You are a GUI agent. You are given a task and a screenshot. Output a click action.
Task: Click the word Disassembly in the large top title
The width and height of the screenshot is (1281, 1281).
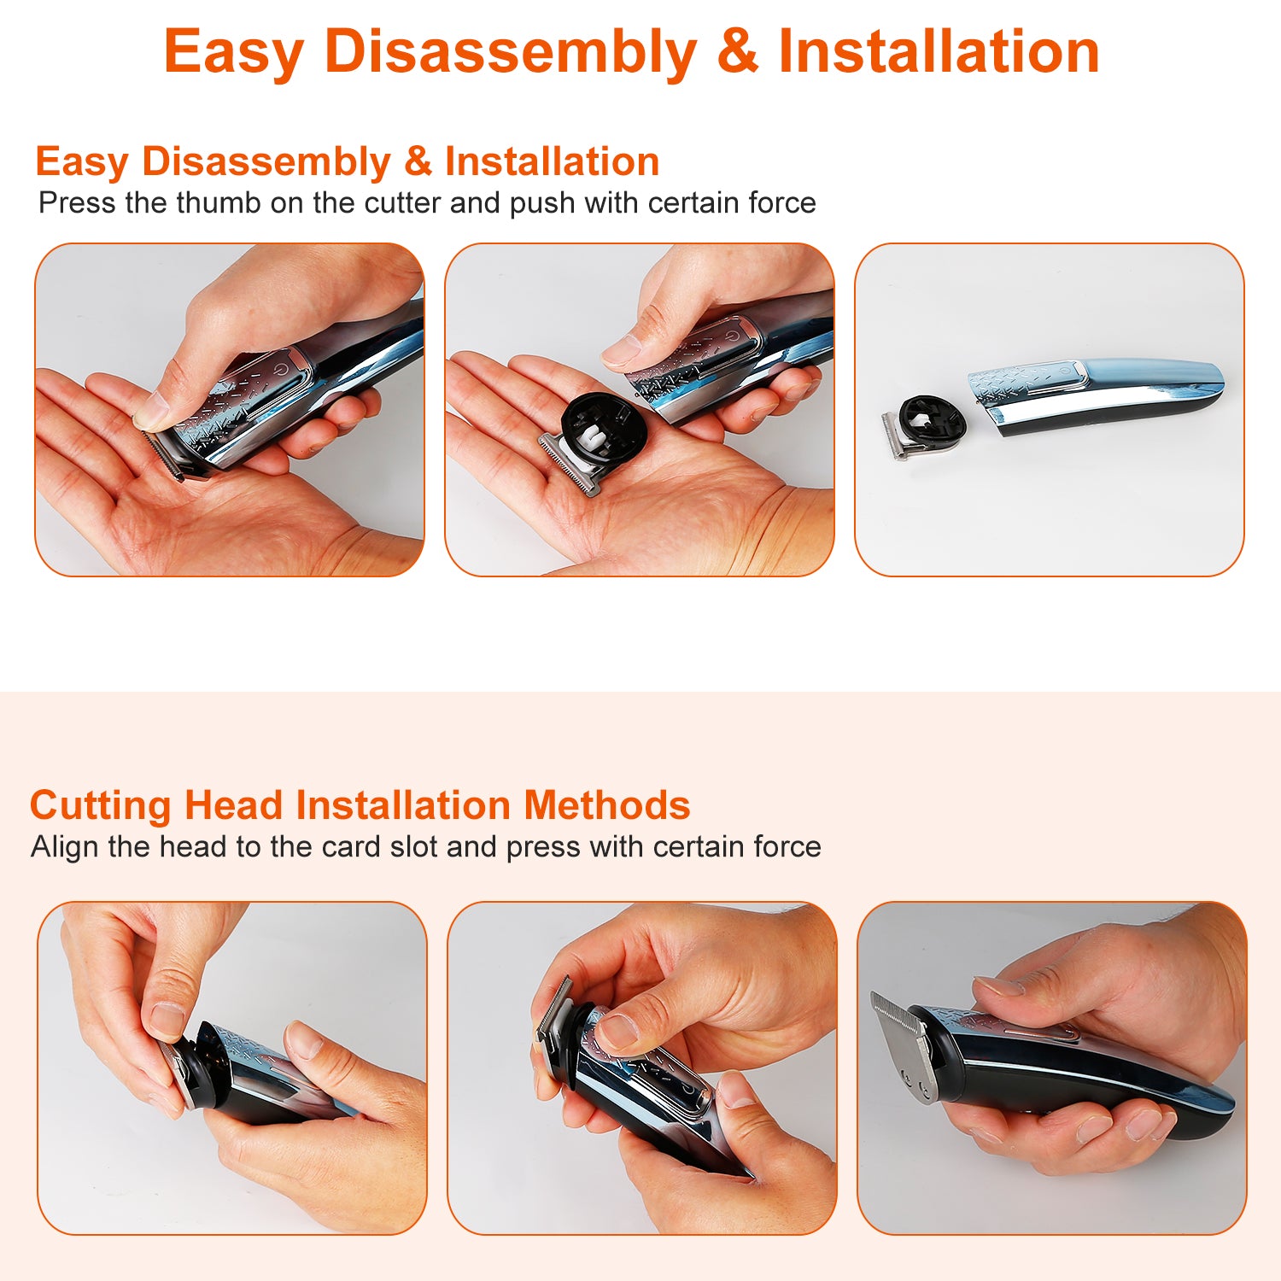pyautogui.click(x=511, y=53)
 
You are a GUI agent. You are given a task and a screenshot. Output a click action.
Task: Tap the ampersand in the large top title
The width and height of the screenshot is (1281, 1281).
pyautogui.click(x=738, y=51)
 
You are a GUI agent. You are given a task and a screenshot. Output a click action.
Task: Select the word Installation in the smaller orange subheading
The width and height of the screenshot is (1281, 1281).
pyautogui.click(x=552, y=161)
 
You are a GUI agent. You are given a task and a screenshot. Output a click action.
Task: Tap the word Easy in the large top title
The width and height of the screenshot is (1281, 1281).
pyautogui.click(x=234, y=53)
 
